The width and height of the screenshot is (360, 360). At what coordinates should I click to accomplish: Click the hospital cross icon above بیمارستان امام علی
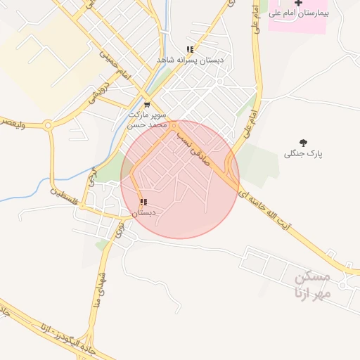(298, 4)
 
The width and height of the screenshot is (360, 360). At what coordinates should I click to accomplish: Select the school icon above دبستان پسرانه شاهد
(190, 50)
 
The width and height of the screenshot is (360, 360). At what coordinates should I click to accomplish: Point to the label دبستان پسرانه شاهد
(191, 61)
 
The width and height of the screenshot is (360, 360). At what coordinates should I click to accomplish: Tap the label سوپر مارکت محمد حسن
(146, 118)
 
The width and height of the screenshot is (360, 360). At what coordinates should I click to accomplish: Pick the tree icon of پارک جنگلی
(303, 143)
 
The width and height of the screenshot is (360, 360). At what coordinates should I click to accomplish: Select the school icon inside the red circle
(143, 202)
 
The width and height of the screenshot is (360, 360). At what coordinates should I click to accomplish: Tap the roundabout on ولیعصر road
(48, 127)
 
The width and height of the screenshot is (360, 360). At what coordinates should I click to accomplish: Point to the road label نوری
(119, 228)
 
